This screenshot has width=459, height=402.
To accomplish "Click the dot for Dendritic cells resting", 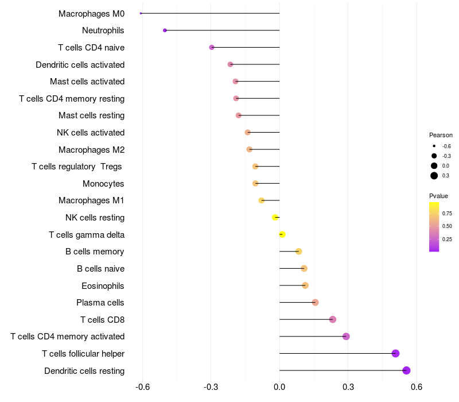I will click(x=406, y=370).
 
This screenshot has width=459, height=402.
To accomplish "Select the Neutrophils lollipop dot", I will click(x=165, y=30).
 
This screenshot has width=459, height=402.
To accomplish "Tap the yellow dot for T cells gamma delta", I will click(x=282, y=234).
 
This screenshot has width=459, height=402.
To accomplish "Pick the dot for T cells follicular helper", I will click(x=395, y=353).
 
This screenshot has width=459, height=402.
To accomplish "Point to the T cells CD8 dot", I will click(x=333, y=319).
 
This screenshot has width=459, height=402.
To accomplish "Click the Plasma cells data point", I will click(x=315, y=303).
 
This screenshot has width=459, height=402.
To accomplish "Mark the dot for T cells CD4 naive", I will click(x=212, y=47).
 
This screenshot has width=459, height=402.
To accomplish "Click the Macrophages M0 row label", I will click(x=91, y=13).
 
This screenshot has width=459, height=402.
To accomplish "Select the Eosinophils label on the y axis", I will click(x=103, y=285).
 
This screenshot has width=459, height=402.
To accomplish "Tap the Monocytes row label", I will click(x=103, y=184).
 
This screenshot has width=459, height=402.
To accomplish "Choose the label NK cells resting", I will click(x=95, y=218).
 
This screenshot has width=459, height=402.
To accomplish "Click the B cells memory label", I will click(x=95, y=252).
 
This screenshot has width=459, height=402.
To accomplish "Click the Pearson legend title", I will click(x=441, y=135).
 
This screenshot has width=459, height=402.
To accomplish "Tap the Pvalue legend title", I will click(x=439, y=196).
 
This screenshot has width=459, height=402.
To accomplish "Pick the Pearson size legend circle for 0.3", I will click(x=434, y=176).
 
